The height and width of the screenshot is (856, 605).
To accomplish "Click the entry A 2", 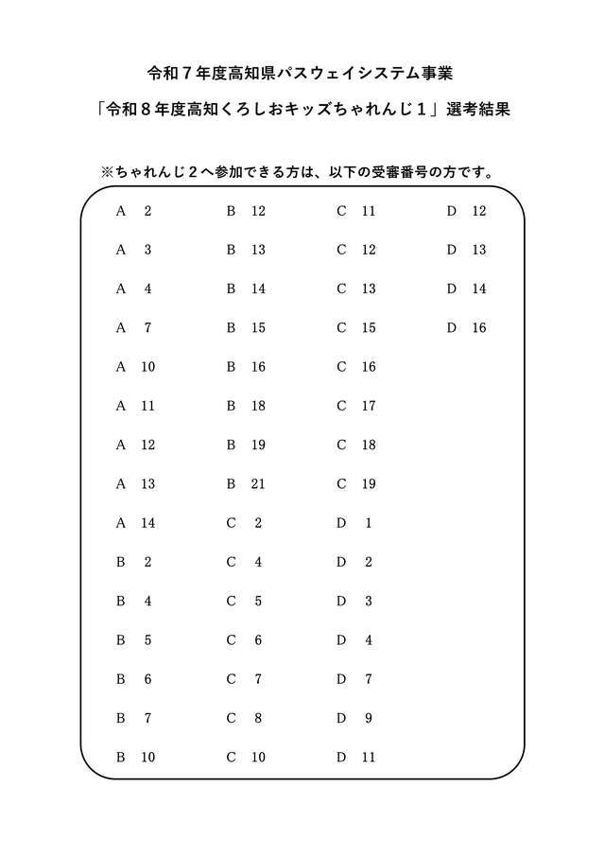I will click(x=133, y=211).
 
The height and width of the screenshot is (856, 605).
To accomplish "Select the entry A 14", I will click(x=135, y=523).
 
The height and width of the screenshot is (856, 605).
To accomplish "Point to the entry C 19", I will click(x=356, y=484).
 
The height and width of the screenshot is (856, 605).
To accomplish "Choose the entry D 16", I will click(x=466, y=328).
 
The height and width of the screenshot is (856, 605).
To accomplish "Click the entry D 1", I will click(x=354, y=523).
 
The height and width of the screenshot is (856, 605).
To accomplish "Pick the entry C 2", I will click(x=244, y=523).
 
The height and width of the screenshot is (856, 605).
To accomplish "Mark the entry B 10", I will click(x=135, y=758).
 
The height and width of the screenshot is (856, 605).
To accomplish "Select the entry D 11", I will click(x=356, y=758).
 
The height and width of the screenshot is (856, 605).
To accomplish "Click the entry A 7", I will click(x=133, y=328).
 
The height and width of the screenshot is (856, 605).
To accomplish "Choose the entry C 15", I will click(x=356, y=328).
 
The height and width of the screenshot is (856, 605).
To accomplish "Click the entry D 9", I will click(x=354, y=719).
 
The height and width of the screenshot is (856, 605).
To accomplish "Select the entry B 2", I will click(x=133, y=562).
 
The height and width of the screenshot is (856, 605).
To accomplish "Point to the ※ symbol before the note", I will click(x=107, y=172).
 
